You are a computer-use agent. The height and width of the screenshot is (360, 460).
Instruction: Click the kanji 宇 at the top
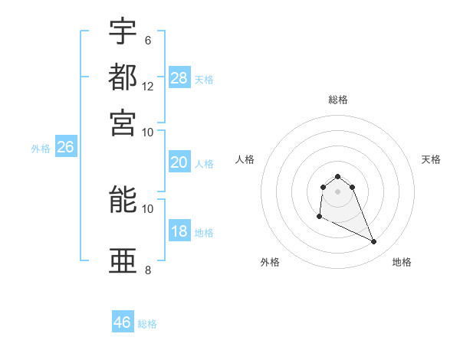[123, 31]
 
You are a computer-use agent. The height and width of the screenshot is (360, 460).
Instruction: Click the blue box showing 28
[179, 77]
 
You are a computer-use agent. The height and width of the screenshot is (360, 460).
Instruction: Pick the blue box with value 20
[179, 162]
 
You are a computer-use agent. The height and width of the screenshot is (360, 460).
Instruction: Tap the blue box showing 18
[179, 231]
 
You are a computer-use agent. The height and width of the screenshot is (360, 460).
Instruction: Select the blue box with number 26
[66, 148]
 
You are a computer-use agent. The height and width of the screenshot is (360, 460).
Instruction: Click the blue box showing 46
[123, 322]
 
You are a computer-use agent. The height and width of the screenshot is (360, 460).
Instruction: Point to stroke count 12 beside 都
[148, 87]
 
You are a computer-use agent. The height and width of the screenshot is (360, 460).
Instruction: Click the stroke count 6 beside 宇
[148, 40]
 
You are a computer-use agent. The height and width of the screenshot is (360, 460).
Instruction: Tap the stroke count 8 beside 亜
[148, 270]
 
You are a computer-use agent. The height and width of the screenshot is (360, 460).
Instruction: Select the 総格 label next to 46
[148, 324]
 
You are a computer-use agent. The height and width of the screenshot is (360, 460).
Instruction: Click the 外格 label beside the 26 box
[41, 149]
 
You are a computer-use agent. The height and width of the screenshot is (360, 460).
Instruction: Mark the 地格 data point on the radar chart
[374, 242]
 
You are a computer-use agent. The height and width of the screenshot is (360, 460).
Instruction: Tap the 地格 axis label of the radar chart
[402, 262]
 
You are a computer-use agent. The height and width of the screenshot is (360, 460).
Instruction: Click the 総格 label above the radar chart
[337, 100]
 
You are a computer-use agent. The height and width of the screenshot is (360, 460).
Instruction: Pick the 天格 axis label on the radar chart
[431, 159]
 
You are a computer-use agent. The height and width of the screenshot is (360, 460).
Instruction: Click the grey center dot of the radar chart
[337, 191]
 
